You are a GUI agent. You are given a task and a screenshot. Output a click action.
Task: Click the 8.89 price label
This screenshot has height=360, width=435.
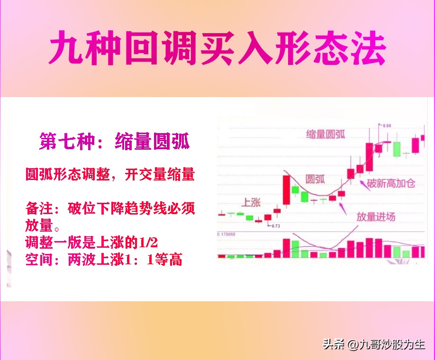387,125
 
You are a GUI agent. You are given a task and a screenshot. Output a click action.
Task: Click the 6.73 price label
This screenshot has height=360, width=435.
275,226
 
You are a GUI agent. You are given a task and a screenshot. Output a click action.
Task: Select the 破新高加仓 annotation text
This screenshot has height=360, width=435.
393,183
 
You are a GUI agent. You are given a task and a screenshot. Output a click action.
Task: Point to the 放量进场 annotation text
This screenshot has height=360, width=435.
376,217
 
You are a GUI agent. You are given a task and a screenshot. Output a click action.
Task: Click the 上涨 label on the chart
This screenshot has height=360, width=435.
252,203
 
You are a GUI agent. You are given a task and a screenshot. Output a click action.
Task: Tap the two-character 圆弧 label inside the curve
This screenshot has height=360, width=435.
315,179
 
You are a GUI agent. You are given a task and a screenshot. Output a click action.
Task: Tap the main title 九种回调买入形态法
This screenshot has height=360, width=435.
217,48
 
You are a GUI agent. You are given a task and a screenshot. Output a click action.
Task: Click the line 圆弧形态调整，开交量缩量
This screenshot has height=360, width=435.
110,174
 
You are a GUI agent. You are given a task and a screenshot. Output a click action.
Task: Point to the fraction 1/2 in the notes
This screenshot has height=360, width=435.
148,243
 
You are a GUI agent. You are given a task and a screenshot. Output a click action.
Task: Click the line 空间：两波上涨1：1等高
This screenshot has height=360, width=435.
104,260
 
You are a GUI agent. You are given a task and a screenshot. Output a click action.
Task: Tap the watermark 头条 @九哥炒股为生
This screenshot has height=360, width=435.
374,344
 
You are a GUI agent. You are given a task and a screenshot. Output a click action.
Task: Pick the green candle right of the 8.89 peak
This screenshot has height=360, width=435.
397,148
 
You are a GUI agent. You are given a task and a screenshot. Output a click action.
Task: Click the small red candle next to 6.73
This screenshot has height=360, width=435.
268,218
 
